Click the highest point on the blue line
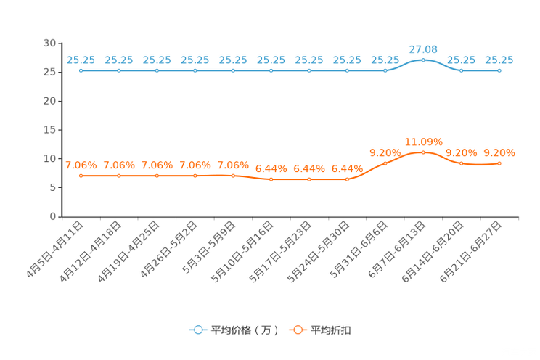click(423, 60)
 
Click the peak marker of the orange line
click(423, 152)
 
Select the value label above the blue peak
click(423, 49)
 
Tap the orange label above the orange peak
click(423, 141)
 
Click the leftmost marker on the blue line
click(81, 70)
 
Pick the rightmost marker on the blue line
click(499, 70)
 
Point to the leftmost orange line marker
click(81, 175)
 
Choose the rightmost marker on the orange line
click(499, 163)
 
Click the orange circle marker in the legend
click(298, 330)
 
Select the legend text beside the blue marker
click(245, 330)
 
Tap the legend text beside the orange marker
click(332, 330)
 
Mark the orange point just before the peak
click(385, 163)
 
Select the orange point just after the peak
click(461, 163)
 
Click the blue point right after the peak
click(461, 70)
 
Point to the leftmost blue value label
click(81, 60)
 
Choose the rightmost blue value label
click(499, 60)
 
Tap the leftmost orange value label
click(81, 165)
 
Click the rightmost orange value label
click(499, 152)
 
